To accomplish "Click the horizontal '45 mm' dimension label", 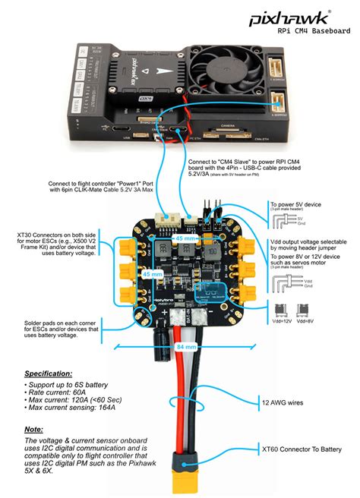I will point(185,238).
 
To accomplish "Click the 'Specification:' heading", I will point(49,374).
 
